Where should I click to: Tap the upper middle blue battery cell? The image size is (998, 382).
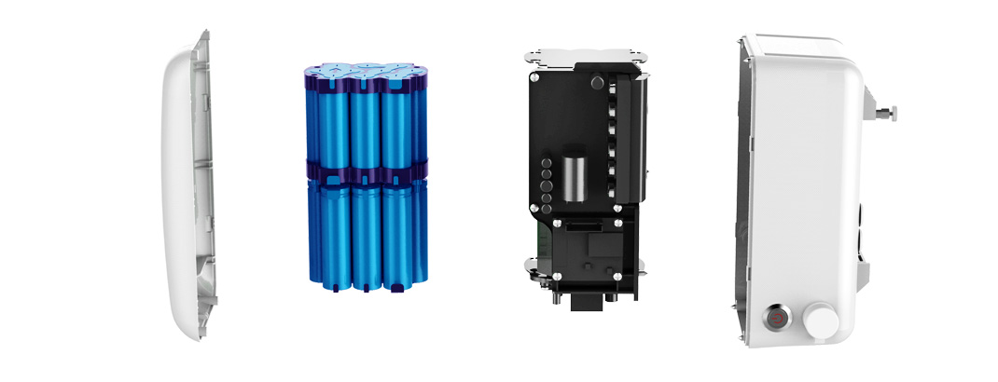click(366, 121)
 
